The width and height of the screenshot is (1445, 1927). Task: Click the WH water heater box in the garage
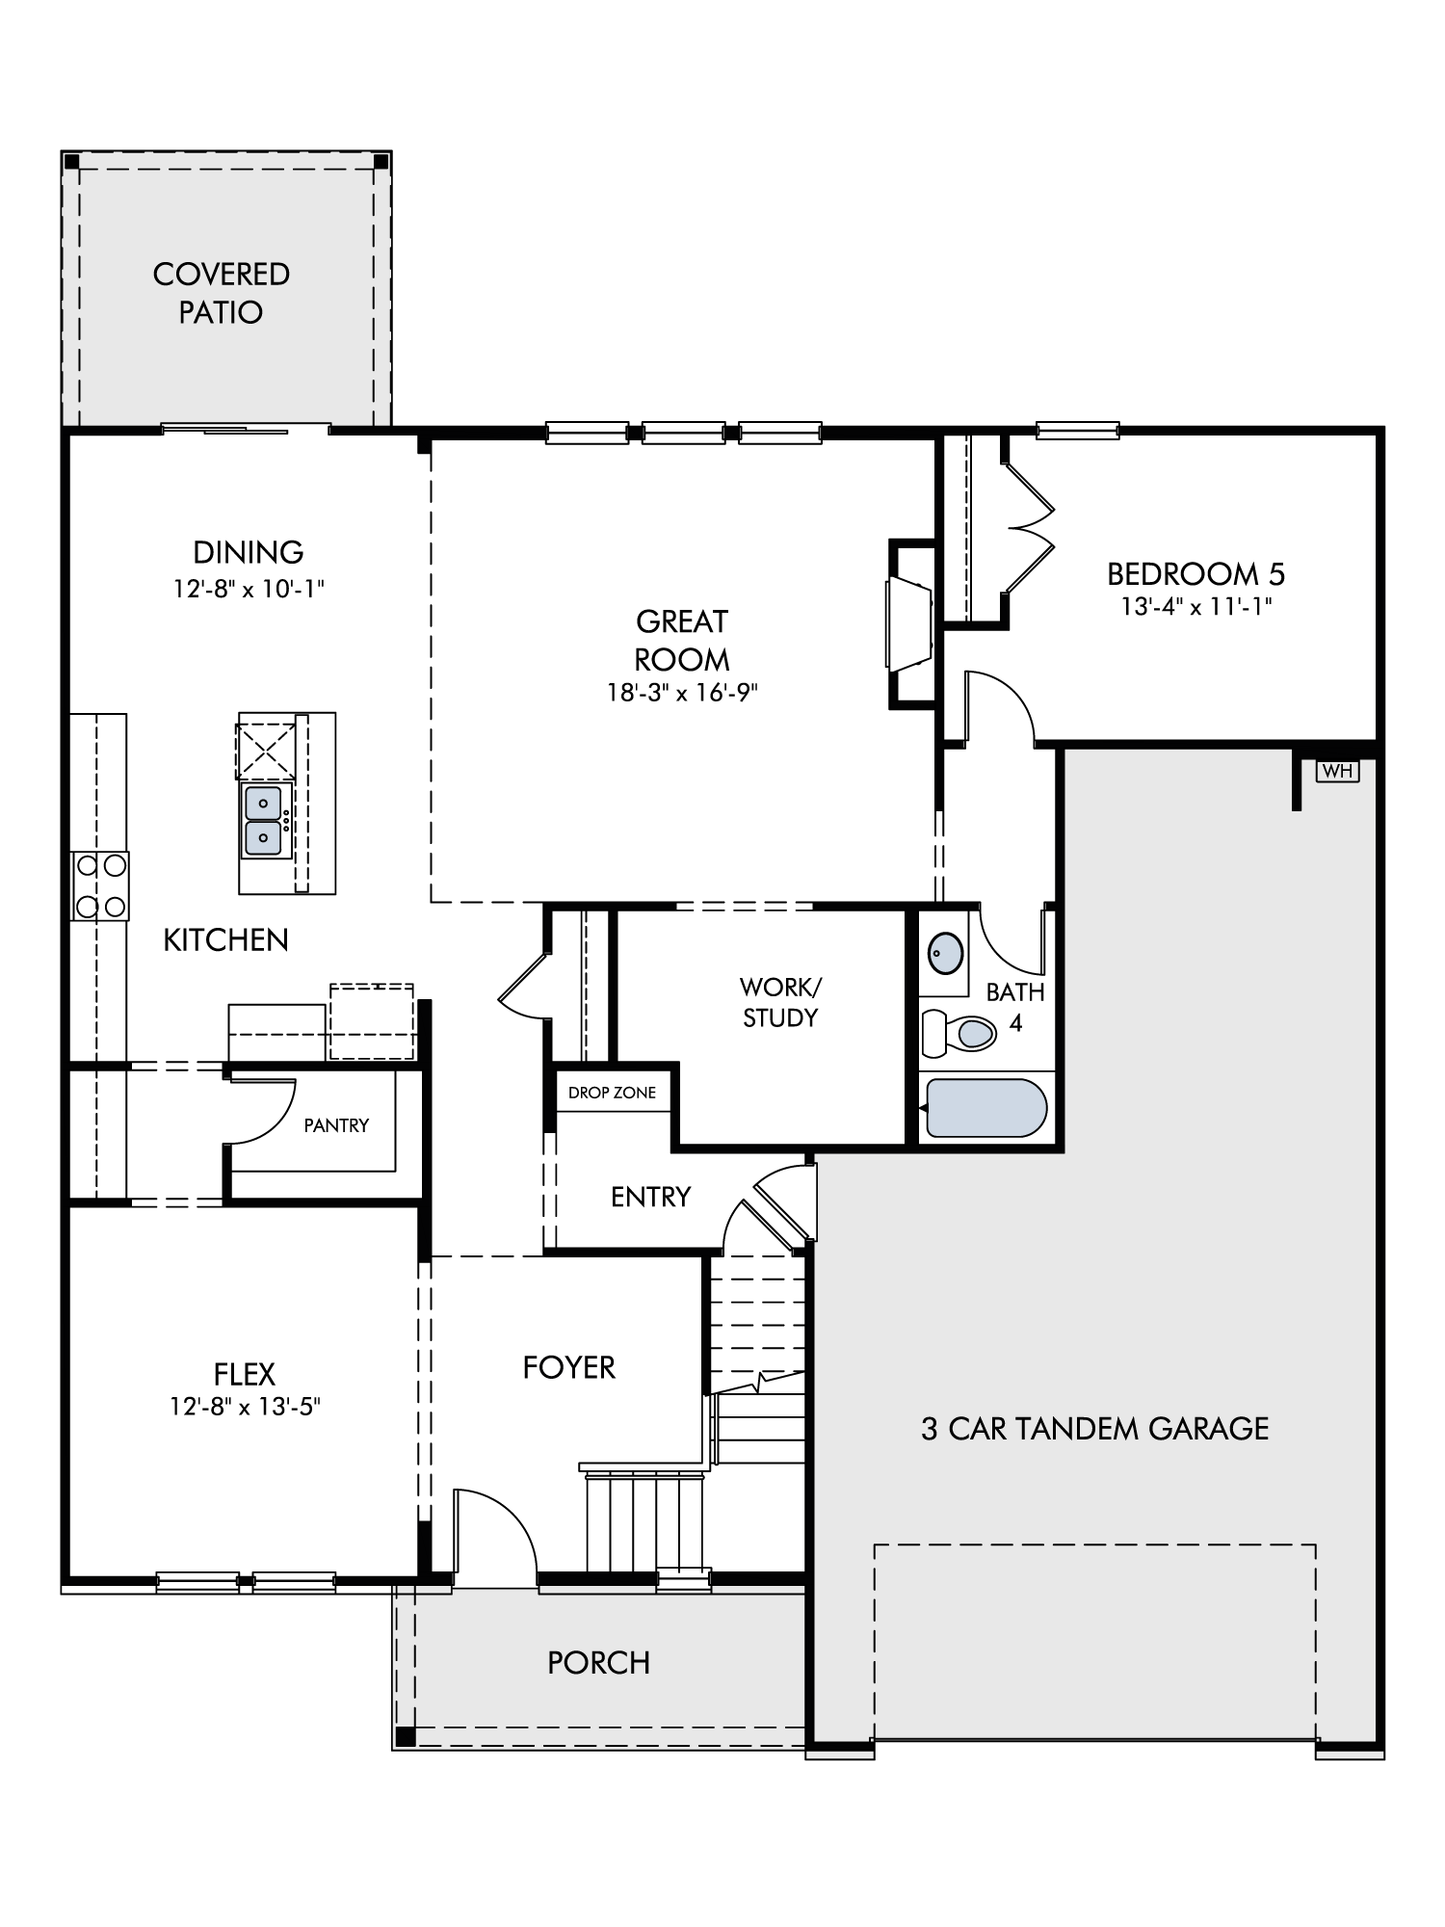coord(1337,771)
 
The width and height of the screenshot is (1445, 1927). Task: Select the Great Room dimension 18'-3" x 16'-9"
coord(683,693)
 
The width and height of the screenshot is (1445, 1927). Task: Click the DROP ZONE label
coord(612,1093)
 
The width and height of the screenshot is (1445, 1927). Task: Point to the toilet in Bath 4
coord(959,1034)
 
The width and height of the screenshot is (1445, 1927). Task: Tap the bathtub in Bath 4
coord(985,1108)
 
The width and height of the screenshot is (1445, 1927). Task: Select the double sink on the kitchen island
coord(264,820)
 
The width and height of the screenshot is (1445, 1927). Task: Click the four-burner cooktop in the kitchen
coord(100,885)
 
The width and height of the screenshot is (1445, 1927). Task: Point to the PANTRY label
coord(336,1125)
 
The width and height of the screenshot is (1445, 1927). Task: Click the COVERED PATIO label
coord(222,293)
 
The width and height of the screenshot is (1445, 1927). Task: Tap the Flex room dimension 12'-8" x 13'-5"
coord(245,1408)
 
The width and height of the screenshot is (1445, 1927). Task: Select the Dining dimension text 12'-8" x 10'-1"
coord(249,589)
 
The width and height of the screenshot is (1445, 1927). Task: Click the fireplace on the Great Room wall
coord(909,622)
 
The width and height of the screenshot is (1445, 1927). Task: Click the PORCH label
coord(599,1663)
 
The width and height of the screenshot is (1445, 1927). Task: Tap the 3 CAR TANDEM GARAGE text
coord(1095,1429)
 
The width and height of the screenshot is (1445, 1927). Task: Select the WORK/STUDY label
coord(780,1002)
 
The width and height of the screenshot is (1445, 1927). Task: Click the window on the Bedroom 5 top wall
coord(1078,431)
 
